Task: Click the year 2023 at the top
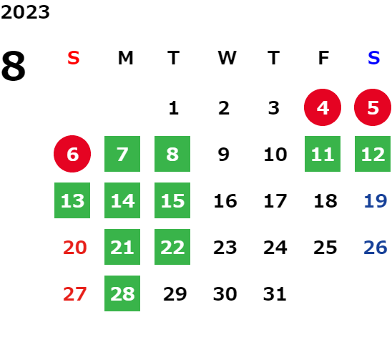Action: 25,12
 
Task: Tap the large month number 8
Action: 14,66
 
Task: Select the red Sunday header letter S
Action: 74,58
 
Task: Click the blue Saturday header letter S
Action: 373,58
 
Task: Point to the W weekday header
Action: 227,58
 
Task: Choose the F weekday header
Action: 323,58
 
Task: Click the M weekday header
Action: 125,58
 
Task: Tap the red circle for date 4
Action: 323,107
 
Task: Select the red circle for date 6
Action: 72,154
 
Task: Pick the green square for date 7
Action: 122,154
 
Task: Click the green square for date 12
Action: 373,154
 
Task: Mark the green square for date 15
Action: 172,200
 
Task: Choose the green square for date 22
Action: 172,247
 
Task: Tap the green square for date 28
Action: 122,293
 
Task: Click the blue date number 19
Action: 376,200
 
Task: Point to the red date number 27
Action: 74,293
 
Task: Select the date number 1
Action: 174,108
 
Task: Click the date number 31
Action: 275,293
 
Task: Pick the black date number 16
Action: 225,200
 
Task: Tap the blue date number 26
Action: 376,247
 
